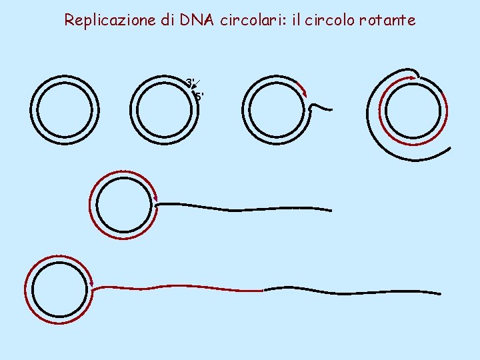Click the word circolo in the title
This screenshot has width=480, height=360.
329,20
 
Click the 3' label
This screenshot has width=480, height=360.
190,83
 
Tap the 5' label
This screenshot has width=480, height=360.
199,97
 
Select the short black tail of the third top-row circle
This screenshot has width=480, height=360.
320,106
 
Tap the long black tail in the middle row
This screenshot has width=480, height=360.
247,209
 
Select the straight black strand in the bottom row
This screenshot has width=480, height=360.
353,291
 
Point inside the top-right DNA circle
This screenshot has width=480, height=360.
413,110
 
